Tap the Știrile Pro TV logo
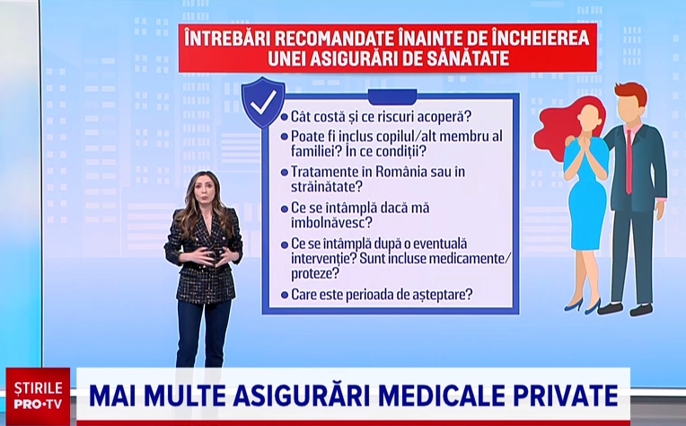pyautogui.click(x=38, y=395)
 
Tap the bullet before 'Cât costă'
pyautogui.click(x=284, y=117)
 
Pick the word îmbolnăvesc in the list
pyautogui.click(x=331, y=222)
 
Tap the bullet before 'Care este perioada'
pyautogui.click(x=284, y=294)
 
